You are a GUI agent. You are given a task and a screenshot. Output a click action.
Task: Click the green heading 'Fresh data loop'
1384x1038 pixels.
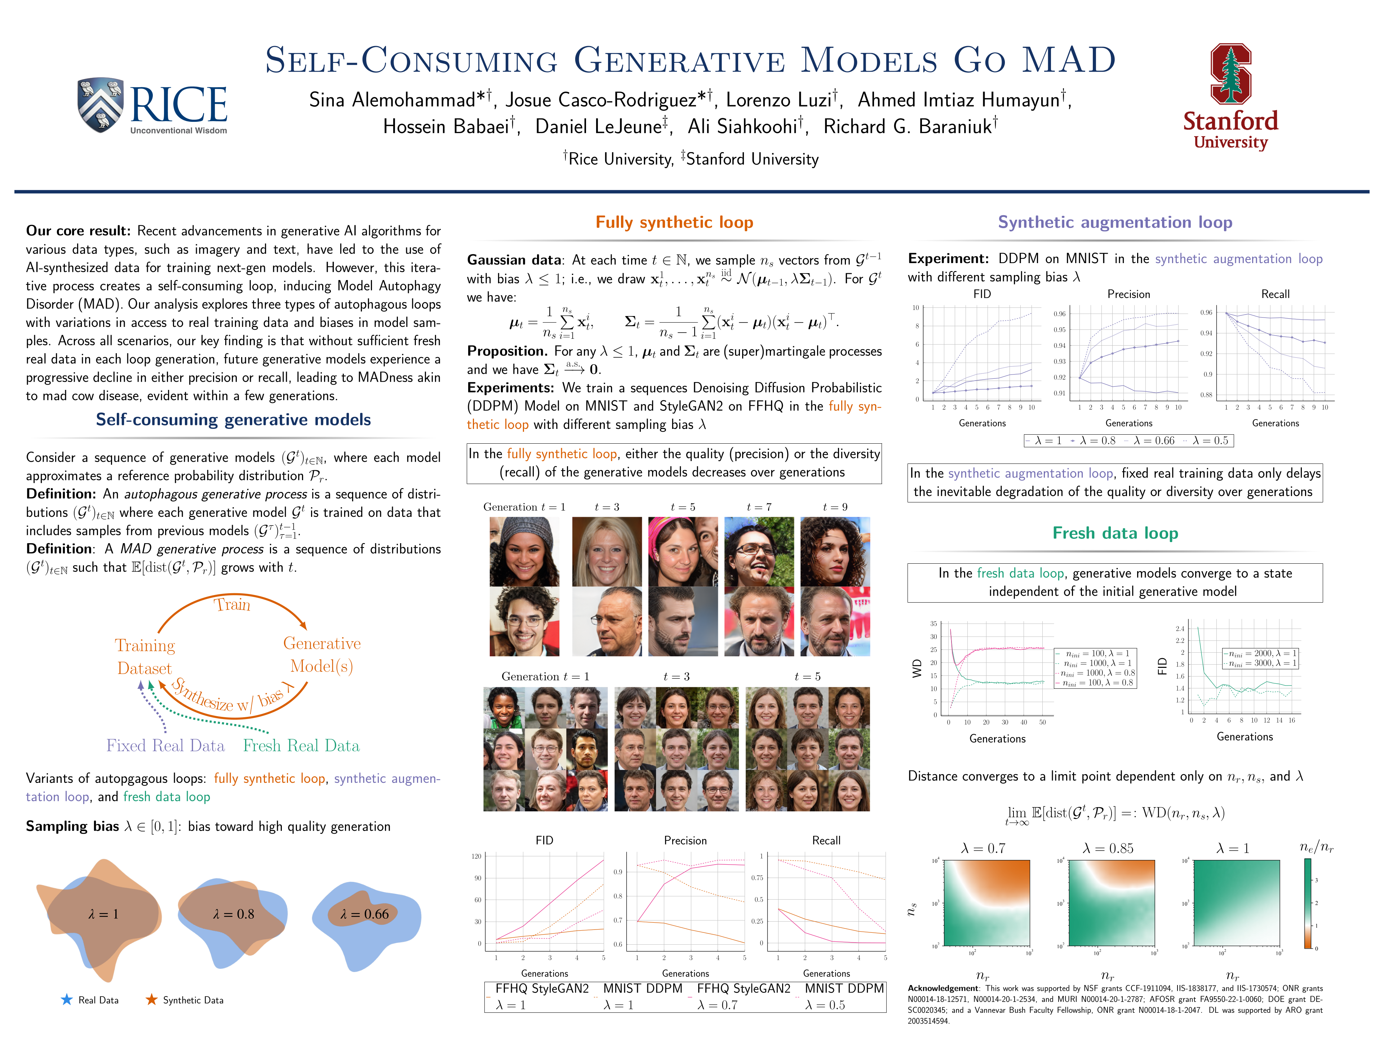(x=1115, y=533)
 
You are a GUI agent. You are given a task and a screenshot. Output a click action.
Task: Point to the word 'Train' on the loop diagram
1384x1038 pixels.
(x=232, y=604)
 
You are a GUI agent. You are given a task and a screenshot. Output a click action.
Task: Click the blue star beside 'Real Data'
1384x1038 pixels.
(x=66, y=1000)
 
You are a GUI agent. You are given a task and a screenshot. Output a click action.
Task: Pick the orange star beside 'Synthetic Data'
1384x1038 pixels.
(x=151, y=1000)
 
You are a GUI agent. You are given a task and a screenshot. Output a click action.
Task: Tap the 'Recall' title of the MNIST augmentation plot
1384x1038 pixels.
(x=1275, y=294)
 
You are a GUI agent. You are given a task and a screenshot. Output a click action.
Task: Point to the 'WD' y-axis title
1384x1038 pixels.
(x=917, y=668)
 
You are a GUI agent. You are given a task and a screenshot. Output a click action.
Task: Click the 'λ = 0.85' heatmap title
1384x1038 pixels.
(x=1108, y=848)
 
